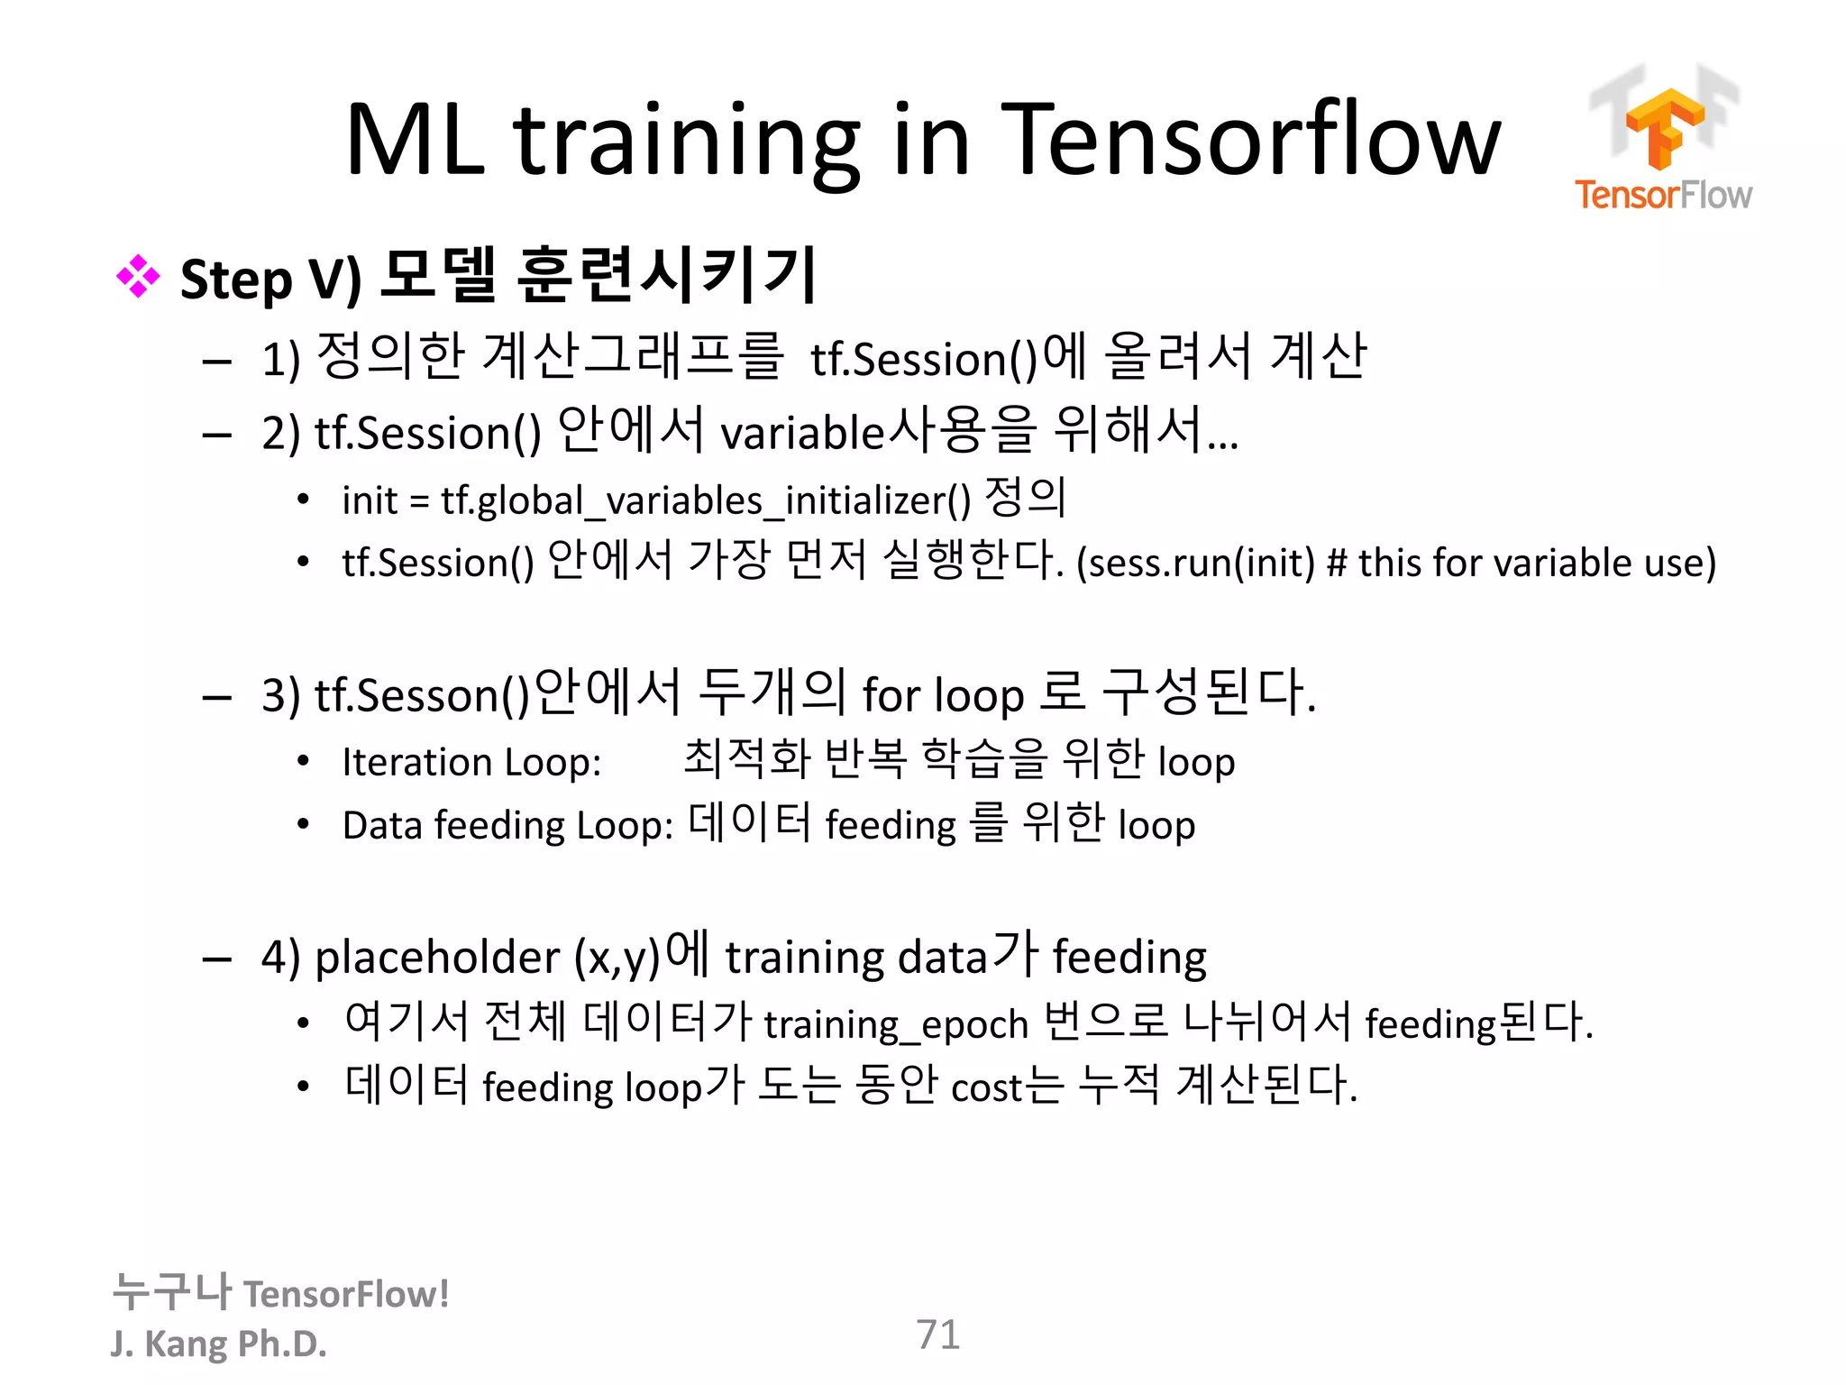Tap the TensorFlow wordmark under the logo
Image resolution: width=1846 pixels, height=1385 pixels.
1663,195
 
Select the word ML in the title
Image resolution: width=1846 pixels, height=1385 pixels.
416,140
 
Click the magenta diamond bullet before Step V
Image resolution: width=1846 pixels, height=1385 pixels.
138,276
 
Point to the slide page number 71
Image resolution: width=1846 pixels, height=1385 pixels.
937,1335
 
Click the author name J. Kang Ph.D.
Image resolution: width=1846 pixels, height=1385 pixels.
218,1344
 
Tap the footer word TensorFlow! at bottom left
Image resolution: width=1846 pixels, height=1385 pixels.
346,1294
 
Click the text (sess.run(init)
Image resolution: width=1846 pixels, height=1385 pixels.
1195,563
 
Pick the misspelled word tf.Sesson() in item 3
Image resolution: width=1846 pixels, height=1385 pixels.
422,695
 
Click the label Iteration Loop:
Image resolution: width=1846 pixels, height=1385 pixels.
471,762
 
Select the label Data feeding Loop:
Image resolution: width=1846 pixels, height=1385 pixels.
507,825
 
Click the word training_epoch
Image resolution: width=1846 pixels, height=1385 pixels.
896,1024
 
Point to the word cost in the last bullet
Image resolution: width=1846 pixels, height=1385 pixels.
986,1087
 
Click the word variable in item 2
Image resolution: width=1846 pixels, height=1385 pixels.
802,433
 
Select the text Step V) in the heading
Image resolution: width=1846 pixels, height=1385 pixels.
270,279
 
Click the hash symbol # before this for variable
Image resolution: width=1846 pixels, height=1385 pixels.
1337,563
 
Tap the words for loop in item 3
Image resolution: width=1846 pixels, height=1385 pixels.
943,695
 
